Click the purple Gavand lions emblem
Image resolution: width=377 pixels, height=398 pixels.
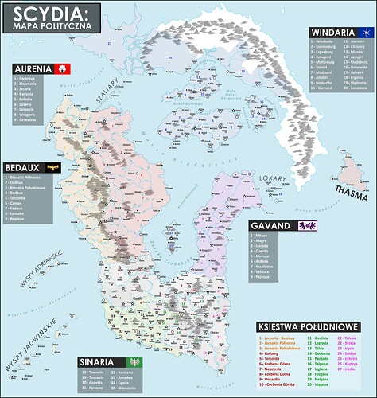tap(306, 225)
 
